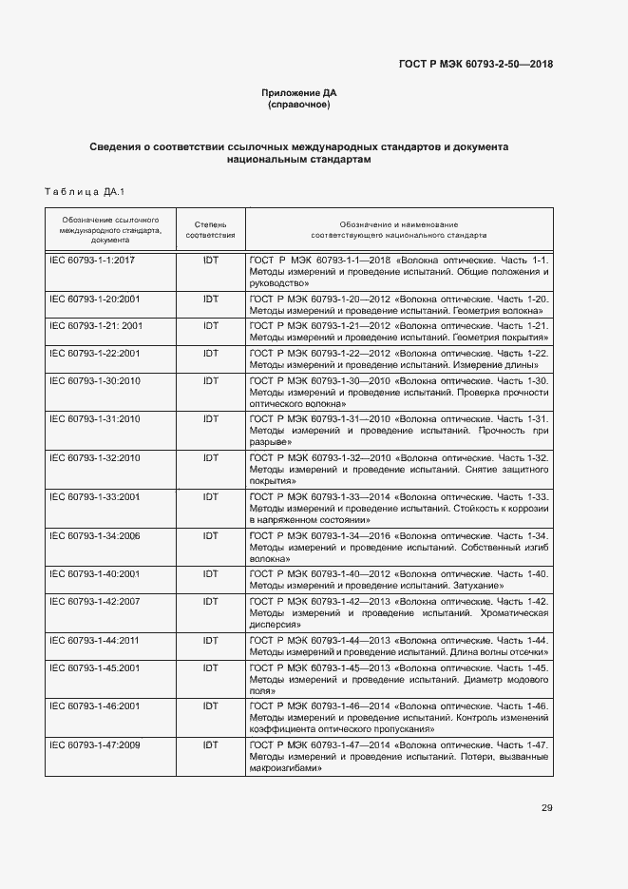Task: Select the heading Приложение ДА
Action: (x=299, y=92)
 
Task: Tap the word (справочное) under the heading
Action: (x=299, y=105)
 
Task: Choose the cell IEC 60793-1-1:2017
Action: (x=92, y=259)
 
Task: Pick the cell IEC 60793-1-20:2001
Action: (x=94, y=299)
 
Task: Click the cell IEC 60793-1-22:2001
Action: (x=94, y=353)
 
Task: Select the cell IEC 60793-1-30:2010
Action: (x=94, y=380)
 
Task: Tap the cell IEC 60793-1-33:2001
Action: (x=94, y=496)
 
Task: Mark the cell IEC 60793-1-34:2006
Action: (x=94, y=536)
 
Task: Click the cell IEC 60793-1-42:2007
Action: (x=94, y=601)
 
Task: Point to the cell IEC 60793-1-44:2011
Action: (x=94, y=640)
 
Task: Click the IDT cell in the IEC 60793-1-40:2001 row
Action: (x=210, y=574)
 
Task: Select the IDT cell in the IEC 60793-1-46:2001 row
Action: (x=210, y=705)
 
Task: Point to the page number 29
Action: (x=546, y=808)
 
